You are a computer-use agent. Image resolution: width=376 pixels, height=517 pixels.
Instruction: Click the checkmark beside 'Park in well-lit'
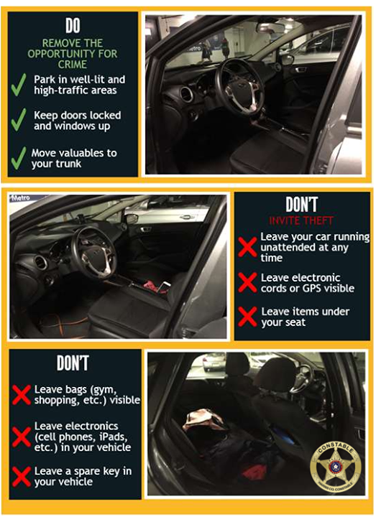coord(19,84)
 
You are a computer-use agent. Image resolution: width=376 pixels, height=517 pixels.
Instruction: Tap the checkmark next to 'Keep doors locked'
coord(19,120)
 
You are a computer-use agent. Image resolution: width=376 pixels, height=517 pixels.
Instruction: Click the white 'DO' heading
coord(73,26)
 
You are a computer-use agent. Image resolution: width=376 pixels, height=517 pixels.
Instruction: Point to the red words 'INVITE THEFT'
coord(301,220)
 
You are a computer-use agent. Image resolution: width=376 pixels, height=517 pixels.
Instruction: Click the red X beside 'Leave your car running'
coord(247,247)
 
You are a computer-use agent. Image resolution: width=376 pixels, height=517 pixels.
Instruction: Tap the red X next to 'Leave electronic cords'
coord(247,282)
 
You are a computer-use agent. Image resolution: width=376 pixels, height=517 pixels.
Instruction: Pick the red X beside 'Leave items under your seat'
coord(247,316)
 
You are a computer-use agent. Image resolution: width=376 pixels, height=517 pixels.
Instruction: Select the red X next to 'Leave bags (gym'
coord(22,394)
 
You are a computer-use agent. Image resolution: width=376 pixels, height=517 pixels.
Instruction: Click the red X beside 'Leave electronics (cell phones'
coord(22,435)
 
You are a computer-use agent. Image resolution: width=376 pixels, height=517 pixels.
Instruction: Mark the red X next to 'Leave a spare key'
coord(22,475)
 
